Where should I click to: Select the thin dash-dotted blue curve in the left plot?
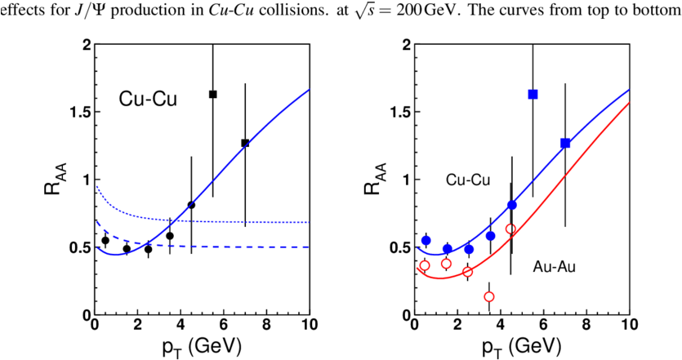(245, 221)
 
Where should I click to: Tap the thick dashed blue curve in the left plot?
(245, 246)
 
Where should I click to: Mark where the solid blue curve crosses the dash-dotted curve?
(175, 219)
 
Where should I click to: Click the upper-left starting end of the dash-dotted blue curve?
(97, 187)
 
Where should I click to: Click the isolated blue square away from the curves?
(533, 95)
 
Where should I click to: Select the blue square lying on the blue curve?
(565, 143)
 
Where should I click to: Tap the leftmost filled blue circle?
(426, 240)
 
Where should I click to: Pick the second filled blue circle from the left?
(447, 248)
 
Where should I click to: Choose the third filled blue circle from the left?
(469, 249)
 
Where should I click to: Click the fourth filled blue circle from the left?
(490, 236)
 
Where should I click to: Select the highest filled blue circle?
(512, 205)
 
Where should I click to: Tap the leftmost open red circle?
(425, 265)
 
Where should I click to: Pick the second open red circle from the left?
(446, 264)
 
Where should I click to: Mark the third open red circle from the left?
(467, 272)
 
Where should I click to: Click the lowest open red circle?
(489, 297)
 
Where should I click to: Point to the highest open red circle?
(510, 229)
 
